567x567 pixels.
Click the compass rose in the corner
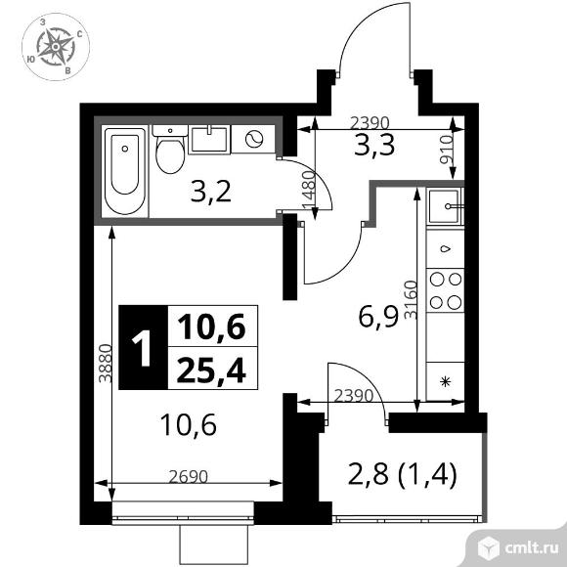(x=56, y=47)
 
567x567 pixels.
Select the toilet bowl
(x=170, y=150)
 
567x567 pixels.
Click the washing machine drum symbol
(x=254, y=139)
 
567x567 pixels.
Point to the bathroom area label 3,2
(x=210, y=192)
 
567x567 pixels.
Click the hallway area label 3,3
(x=373, y=145)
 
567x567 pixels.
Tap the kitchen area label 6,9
(x=378, y=316)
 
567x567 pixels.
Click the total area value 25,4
(x=211, y=369)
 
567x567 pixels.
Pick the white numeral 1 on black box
(x=142, y=348)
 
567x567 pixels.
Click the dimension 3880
(x=106, y=363)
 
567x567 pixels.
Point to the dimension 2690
(x=189, y=477)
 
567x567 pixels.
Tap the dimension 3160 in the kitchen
(x=411, y=300)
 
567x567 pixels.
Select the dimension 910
(x=446, y=150)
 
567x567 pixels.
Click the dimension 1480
(x=309, y=190)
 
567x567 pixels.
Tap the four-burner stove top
(x=446, y=290)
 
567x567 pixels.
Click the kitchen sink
(x=445, y=206)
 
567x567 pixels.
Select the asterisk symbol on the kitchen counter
(x=446, y=382)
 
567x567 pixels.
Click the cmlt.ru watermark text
(x=532, y=548)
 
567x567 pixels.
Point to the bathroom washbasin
(x=209, y=140)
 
